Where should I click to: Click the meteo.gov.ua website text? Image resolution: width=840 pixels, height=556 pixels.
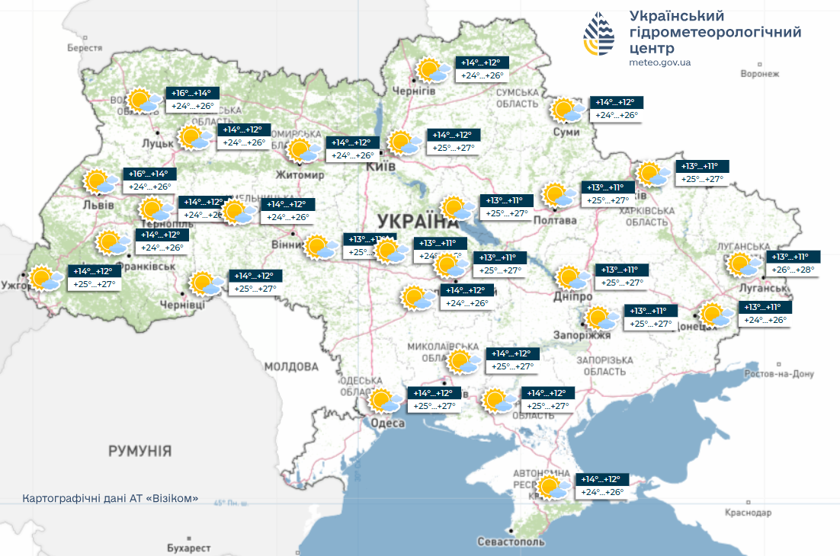[660, 62]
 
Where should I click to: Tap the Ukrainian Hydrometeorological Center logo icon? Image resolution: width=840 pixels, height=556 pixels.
[599, 34]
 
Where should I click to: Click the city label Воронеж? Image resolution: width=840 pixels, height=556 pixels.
[760, 74]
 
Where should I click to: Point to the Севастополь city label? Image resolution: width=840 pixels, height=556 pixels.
[511, 542]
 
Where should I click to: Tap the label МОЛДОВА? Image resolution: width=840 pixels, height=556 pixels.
[291, 366]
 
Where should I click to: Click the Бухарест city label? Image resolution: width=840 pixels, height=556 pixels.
[188, 548]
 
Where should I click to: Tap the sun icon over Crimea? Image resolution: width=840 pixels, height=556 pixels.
[554, 487]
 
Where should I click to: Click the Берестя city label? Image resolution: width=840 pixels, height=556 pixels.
[85, 47]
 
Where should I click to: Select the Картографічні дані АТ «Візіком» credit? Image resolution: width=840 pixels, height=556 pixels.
[111, 498]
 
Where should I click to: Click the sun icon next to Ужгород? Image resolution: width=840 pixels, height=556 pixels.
[45, 279]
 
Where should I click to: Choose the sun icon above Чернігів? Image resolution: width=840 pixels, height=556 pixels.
[432, 70]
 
